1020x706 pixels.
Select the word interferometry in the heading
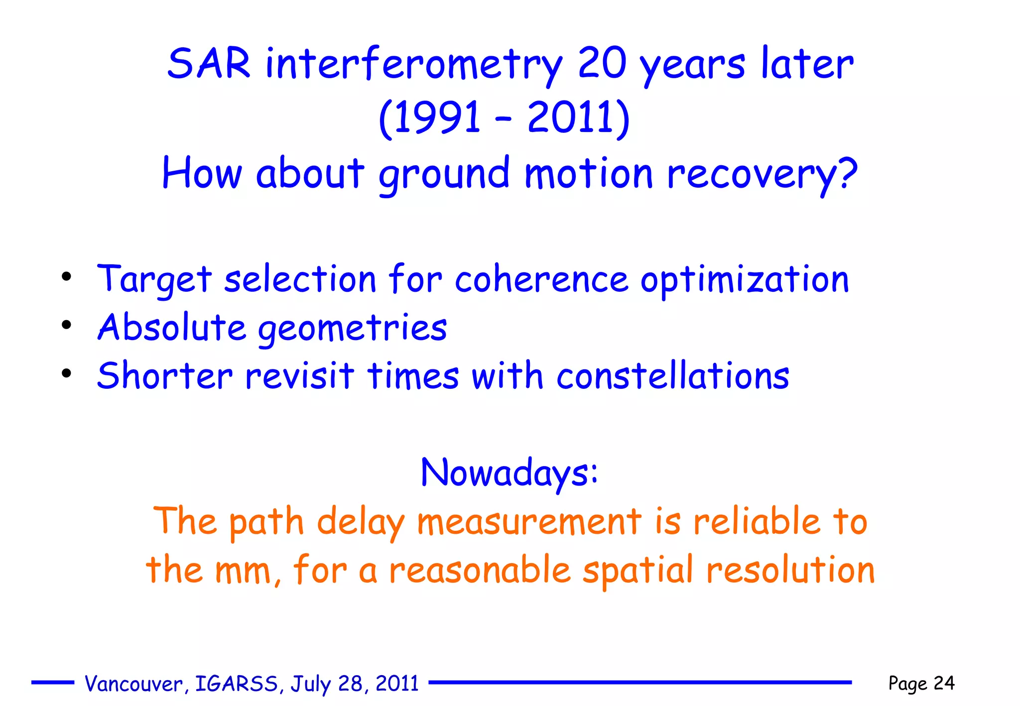(413, 65)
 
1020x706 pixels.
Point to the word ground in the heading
(444, 174)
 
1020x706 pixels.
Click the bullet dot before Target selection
(67, 276)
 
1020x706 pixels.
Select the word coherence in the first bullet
(541, 279)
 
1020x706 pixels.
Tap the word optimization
(744, 280)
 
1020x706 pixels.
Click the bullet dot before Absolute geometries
(67, 325)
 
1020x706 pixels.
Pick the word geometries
(352, 329)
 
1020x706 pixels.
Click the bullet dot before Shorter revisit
(67, 373)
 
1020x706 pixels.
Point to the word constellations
(672, 376)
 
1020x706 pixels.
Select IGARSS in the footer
(237, 684)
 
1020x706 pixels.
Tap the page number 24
(944, 683)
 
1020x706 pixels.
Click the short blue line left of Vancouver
(52, 683)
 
